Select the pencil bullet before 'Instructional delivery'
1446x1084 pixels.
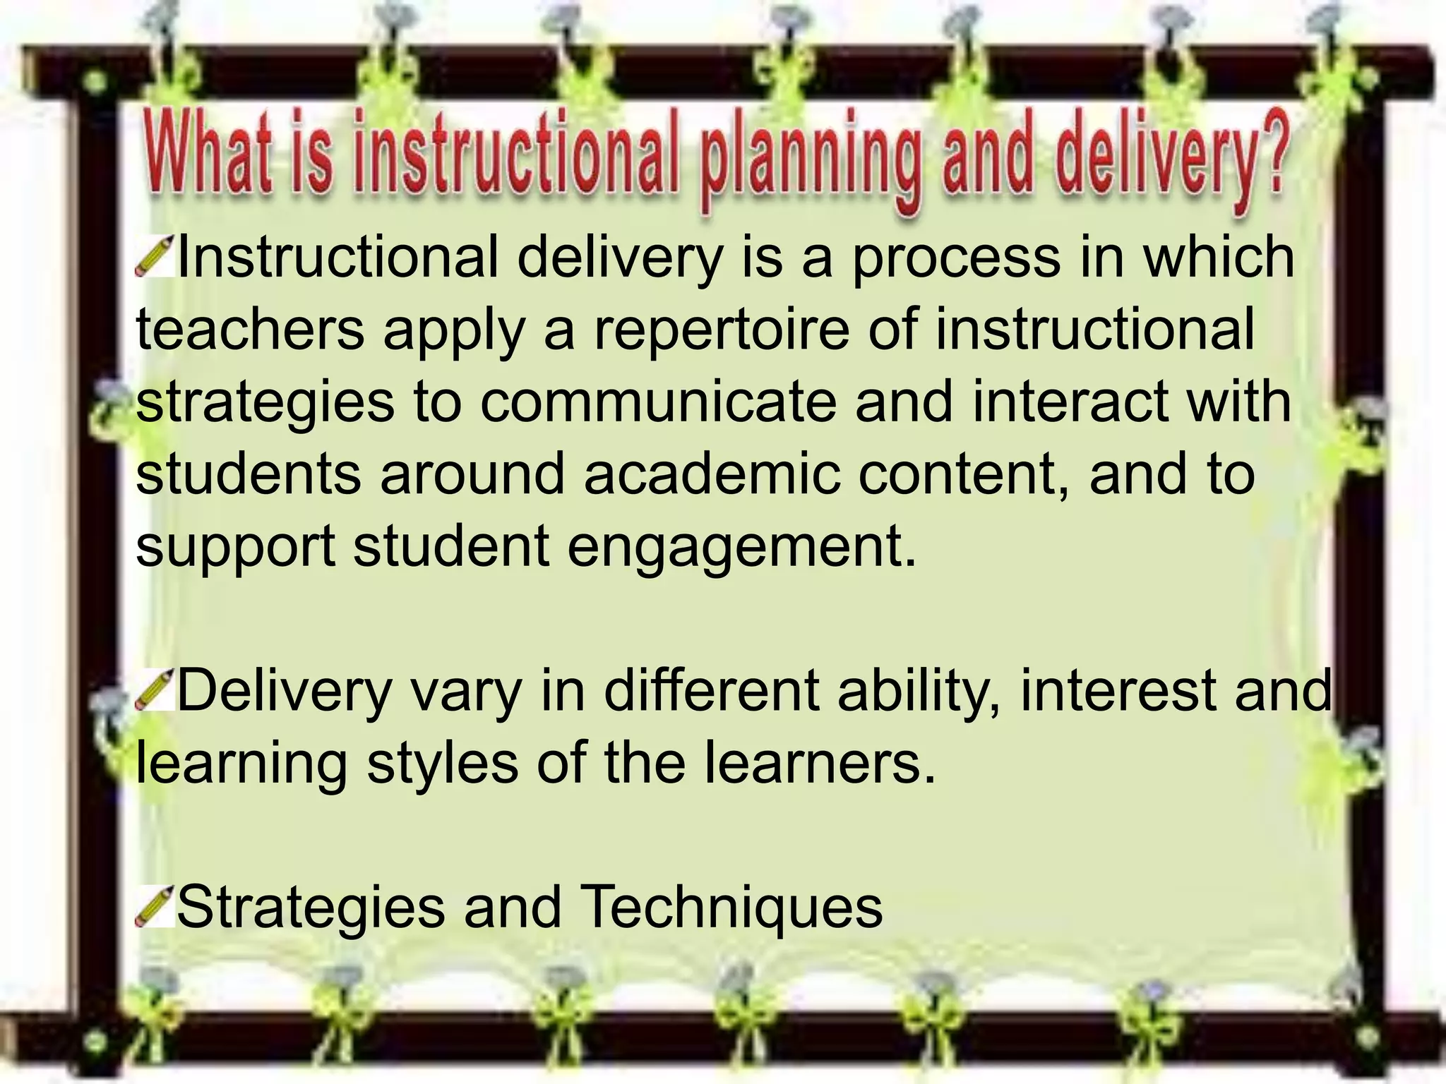click(154, 258)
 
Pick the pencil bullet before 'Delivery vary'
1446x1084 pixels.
click(154, 689)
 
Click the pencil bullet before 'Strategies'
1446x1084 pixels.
click(154, 906)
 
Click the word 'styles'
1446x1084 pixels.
click(442, 763)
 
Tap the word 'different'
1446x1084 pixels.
click(713, 690)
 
